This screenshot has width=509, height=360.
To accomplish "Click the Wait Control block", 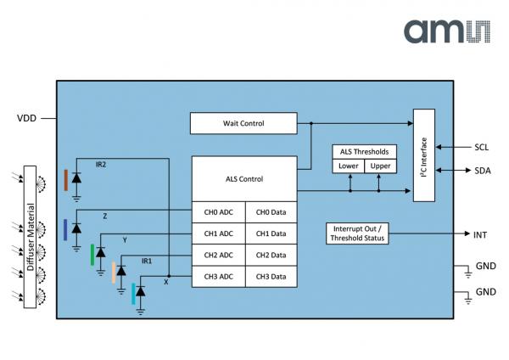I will tap(243, 123).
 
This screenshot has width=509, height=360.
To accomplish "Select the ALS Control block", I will tap(244, 179).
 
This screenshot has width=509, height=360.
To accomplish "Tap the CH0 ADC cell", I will tap(218, 212).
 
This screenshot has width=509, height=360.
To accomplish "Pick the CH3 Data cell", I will tap(271, 277).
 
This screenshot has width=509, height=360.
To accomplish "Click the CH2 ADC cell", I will tap(218, 256).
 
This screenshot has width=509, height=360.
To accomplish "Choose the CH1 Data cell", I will tap(271, 233).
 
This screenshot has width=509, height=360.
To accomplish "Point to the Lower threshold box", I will tap(349, 166).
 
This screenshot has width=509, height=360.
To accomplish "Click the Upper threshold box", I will tap(381, 166).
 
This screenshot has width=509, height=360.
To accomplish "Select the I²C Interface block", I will tap(429, 155).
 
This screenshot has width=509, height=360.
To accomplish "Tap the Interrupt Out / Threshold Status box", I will tap(356, 233).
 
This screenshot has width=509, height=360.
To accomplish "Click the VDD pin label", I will tap(29, 118).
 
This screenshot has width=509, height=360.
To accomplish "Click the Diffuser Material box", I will tap(31, 238).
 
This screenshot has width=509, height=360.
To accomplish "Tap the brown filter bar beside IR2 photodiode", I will tap(66, 180).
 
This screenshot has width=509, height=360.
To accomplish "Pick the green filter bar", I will tap(93, 254).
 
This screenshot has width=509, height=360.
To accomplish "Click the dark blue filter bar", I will tap(65, 229).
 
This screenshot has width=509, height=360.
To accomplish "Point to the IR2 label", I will tap(101, 164).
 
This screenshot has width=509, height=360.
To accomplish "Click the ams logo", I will tap(446, 32).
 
